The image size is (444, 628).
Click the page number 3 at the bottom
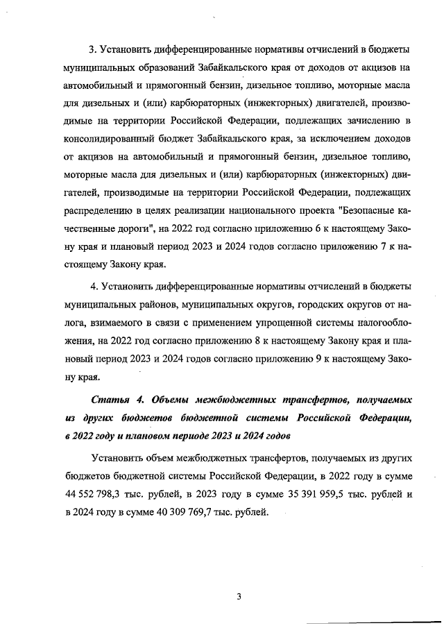click(x=238, y=596)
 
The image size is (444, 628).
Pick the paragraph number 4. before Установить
click(x=94, y=286)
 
